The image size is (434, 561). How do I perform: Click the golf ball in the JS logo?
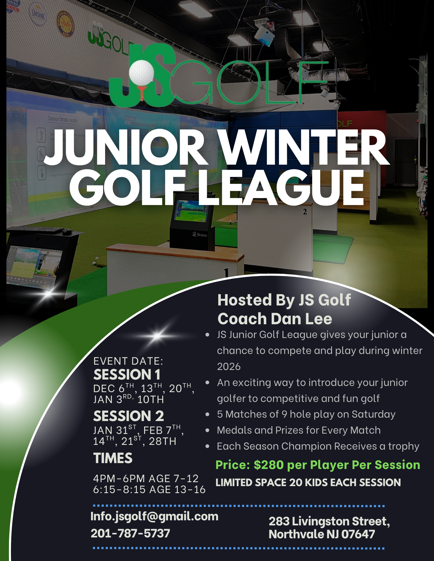142,72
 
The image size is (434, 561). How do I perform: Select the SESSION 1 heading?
127,374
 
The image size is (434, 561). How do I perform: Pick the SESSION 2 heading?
129,416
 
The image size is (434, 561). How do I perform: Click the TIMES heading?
113,458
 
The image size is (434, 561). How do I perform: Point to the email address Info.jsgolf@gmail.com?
154,516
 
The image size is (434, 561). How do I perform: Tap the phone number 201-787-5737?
130,533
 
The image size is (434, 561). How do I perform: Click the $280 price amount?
269,465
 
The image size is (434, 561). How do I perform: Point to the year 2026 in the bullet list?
229,367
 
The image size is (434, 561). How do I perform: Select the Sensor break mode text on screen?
62,119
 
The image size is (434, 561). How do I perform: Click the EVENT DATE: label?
128,361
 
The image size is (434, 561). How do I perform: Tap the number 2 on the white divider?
305,212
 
